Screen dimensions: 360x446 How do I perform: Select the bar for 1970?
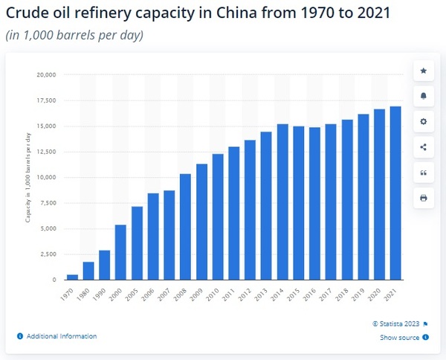pos(72,277)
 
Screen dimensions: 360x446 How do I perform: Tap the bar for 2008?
pos(185,227)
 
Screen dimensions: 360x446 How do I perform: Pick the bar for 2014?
pos(282,202)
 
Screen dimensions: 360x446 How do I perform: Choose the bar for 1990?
pos(105,265)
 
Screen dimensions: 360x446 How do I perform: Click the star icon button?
pos(424,71)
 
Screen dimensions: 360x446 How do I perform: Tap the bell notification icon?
pos(424,96)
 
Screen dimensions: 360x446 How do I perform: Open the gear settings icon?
pos(424,121)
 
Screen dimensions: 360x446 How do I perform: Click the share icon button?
pos(424,147)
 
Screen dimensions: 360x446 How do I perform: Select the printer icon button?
pos(424,199)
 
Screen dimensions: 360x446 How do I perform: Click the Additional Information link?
pos(61,336)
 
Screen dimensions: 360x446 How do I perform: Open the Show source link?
pos(401,337)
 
